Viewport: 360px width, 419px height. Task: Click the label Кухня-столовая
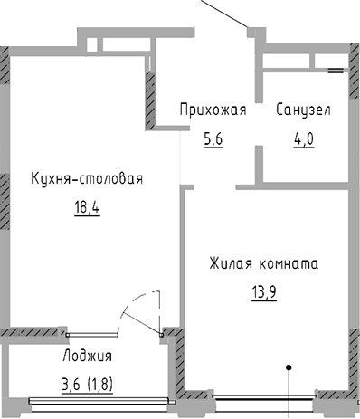click(x=86, y=178)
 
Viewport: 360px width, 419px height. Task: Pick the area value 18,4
click(x=86, y=206)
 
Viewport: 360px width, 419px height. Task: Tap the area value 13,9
click(x=263, y=292)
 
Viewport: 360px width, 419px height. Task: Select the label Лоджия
click(x=87, y=354)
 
